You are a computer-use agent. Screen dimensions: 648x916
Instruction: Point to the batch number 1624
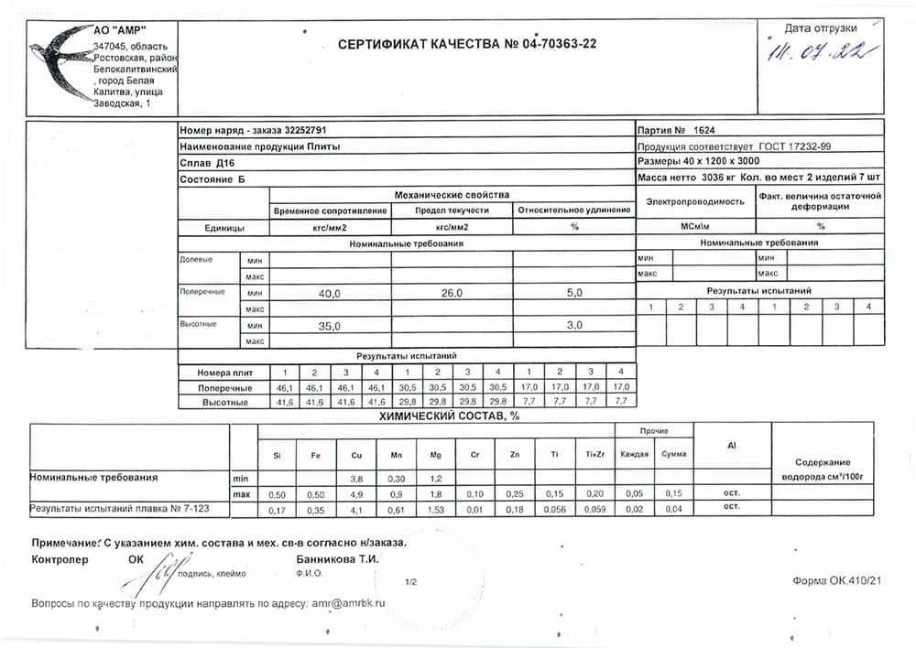pos(704,130)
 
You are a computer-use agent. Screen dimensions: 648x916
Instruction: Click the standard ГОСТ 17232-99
pos(795,146)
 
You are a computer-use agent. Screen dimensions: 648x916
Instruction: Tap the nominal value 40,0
pos(329,293)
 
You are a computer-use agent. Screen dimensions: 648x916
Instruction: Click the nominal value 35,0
pos(329,326)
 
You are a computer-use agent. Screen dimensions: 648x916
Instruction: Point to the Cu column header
pos(356,454)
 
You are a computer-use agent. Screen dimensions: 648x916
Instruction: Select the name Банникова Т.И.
pos(337,558)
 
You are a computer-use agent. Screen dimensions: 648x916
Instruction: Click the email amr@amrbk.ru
pos(348,604)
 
